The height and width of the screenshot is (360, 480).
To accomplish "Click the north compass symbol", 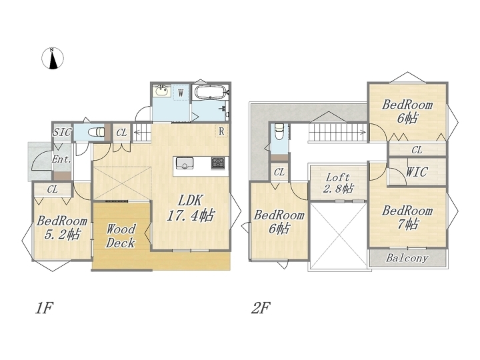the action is pyautogui.click(x=53, y=58).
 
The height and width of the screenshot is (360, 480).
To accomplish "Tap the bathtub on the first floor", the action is pyautogui.click(x=210, y=92).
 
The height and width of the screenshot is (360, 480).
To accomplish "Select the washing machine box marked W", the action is pyautogui.click(x=181, y=92).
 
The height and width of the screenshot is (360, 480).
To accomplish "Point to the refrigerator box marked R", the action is pyautogui.click(x=221, y=131).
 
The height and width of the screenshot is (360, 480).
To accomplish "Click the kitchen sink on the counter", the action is pyautogui.click(x=185, y=163).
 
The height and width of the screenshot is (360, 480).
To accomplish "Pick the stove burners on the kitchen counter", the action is pyautogui.click(x=218, y=163).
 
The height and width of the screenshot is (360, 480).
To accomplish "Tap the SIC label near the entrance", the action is pyautogui.click(x=62, y=132).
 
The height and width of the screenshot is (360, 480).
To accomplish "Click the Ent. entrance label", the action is pyautogui.click(x=61, y=159).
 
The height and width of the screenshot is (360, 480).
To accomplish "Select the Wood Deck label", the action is pyautogui.click(x=120, y=236).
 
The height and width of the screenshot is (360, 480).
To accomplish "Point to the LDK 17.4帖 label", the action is pyautogui.click(x=191, y=208).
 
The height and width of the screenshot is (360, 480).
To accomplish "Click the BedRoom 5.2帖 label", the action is pyautogui.click(x=62, y=228).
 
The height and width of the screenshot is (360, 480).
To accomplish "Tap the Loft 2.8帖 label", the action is pyautogui.click(x=338, y=183).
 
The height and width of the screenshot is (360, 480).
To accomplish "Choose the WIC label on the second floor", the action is pyautogui.click(x=416, y=172).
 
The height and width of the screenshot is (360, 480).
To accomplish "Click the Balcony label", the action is pyautogui.click(x=407, y=258).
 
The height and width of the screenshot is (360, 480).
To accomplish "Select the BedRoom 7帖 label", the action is pyautogui.click(x=407, y=217).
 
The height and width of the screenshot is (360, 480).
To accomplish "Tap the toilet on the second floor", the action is pyautogui.click(x=279, y=131).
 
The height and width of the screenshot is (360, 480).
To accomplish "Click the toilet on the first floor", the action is pyautogui.click(x=96, y=132).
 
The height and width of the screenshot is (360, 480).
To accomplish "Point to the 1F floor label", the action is pyautogui.click(x=45, y=307).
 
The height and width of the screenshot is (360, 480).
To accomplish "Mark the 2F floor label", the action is pyautogui.click(x=261, y=307).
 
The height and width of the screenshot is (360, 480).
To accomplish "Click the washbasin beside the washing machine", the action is pyautogui.click(x=162, y=91).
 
